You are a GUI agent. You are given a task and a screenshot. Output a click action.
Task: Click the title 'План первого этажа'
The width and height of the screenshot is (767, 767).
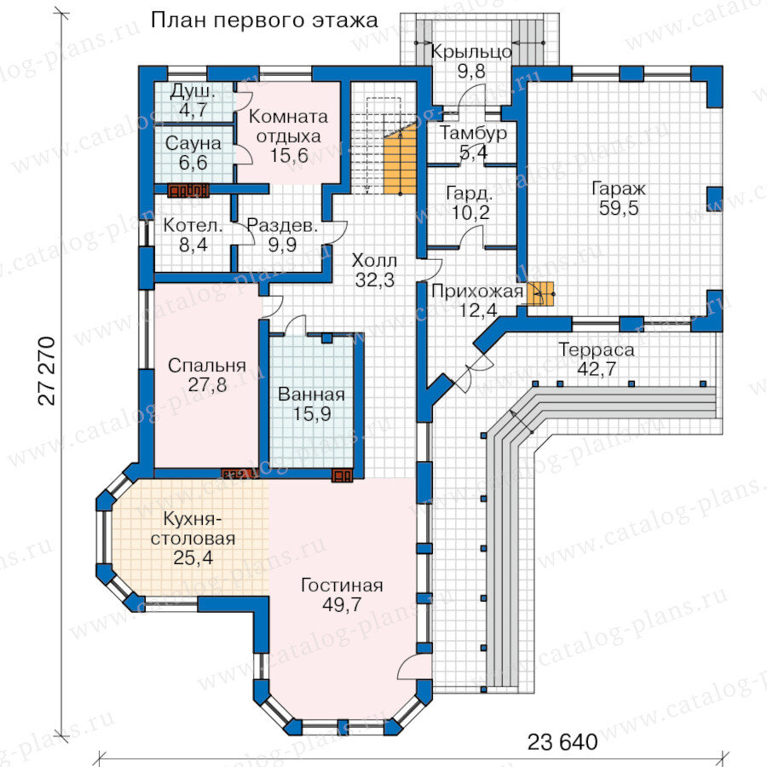tap(264, 21)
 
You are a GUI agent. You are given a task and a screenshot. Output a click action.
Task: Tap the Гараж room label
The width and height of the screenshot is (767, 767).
tap(619, 188)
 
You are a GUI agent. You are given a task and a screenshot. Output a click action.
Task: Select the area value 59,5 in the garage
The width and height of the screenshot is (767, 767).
tap(619, 209)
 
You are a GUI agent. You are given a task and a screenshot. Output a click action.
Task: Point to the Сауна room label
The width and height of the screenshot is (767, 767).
tap(193, 143)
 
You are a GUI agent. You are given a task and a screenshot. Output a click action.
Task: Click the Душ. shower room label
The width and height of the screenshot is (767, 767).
tap(193, 91)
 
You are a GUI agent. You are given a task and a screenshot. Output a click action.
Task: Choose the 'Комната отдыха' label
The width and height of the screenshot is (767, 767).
tap(289, 127)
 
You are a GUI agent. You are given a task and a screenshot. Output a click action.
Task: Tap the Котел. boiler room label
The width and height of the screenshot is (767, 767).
tap(193, 226)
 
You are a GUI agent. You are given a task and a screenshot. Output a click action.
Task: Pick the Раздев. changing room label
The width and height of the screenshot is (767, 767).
tap(282, 226)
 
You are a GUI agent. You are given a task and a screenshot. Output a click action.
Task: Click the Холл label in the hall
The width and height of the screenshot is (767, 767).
tap(374, 261)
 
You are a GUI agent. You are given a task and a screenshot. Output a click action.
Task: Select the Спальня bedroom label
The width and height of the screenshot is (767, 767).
tap(207, 366)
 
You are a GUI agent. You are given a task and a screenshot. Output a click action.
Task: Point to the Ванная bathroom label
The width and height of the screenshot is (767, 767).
tap(312, 395)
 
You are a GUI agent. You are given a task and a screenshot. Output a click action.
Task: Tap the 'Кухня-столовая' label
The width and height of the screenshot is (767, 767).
tap(193, 528)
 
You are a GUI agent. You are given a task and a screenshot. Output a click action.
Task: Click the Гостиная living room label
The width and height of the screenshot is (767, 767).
tap(342, 585)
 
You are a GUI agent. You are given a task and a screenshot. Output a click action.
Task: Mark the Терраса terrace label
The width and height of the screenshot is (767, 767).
tap(597, 349)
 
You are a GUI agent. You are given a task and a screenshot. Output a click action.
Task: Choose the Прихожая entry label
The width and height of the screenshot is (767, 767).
tap(477, 291)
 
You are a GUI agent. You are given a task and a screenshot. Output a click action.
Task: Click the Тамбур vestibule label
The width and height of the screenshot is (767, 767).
tap(473, 133)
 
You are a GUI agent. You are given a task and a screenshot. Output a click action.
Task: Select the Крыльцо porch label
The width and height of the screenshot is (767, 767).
tap(471, 52)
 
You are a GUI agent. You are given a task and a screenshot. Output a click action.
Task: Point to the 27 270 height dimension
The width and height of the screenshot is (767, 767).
tap(47, 371)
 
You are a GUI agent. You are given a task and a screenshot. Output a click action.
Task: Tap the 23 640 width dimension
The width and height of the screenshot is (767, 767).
tap(562, 742)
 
